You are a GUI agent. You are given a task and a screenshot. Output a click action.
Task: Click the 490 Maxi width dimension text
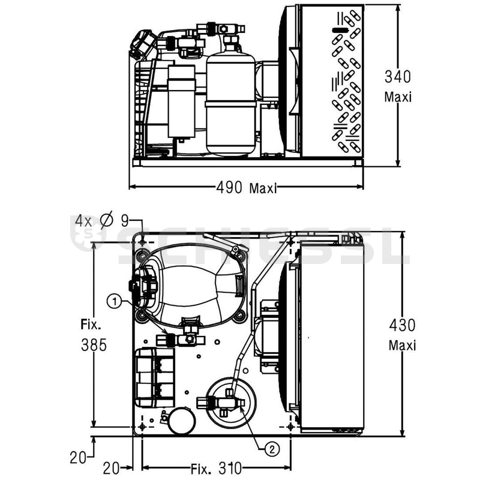tap(246, 188)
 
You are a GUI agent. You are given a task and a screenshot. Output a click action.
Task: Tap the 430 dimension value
tap(401, 325)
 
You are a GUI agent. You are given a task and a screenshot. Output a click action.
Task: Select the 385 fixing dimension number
tap(94, 345)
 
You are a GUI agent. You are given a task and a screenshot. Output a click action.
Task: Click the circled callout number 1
tap(115, 299)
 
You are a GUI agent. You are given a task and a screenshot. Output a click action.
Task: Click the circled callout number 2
tap(272, 447)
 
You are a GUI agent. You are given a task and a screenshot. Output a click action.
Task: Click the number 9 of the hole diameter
tap(124, 220)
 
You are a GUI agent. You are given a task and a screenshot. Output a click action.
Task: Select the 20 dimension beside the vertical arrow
tap(79, 458)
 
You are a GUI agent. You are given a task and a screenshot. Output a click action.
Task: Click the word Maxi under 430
tap(401, 345)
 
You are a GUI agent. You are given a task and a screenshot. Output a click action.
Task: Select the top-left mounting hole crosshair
tap(142, 242)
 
